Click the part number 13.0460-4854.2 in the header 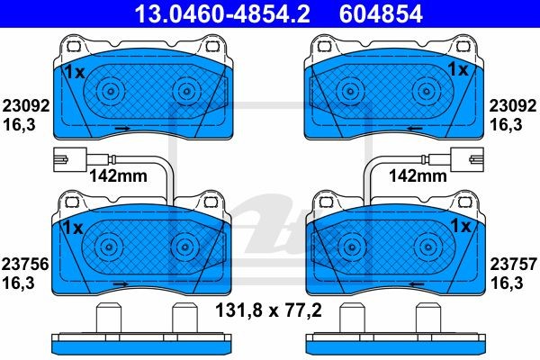[x=222, y=13]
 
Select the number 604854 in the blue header [x=381, y=13]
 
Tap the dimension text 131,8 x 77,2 [x=268, y=310]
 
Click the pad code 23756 [x=25, y=265]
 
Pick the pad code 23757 [x=514, y=265]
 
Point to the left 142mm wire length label [x=118, y=176]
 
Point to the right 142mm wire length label [x=418, y=176]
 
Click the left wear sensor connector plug [x=70, y=159]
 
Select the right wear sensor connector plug [x=467, y=159]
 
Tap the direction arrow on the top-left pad [x=122, y=128]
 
